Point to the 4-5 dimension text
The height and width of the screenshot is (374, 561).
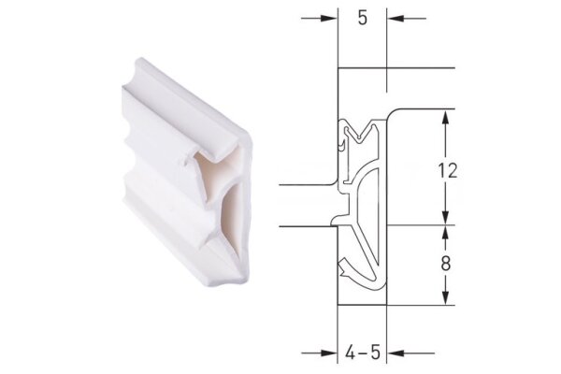pyautogui.click(x=362, y=353)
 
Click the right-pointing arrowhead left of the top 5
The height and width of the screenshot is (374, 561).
pyautogui.click(x=330, y=18)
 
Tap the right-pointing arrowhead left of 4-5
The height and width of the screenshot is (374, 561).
pyautogui.click(x=330, y=353)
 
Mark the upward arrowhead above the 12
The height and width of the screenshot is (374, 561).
pyautogui.click(x=446, y=118)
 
